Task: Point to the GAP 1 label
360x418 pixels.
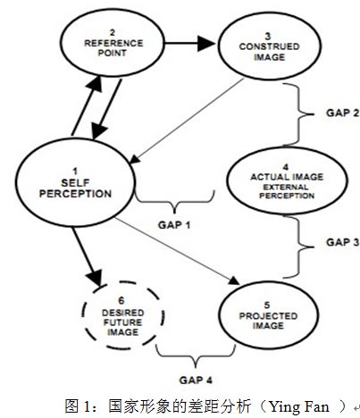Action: coord(174,225)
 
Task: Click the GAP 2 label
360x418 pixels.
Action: coord(342,113)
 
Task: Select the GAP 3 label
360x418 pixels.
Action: coord(342,242)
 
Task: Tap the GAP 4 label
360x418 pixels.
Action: coord(196,380)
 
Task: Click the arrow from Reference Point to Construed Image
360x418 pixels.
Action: coord(190,44)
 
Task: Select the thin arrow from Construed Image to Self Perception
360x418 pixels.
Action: coord(187,121)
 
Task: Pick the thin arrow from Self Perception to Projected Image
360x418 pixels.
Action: coord(177,251)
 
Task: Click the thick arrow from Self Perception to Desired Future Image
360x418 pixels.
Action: coord(87,257)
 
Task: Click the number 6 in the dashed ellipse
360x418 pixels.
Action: coord(121,300)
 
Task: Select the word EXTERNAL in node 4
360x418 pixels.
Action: coord(286,188)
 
